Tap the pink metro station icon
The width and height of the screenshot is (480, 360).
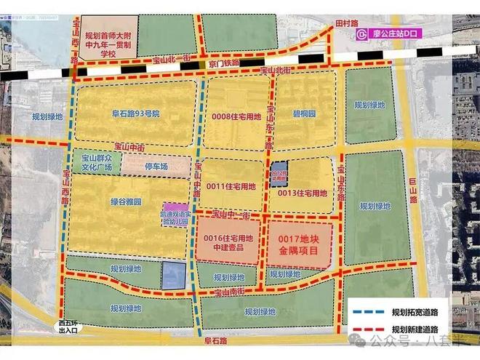click(361, 34)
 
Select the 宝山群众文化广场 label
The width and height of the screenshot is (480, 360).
click(97, 162)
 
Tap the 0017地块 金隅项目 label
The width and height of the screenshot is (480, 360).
click(298, 242)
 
